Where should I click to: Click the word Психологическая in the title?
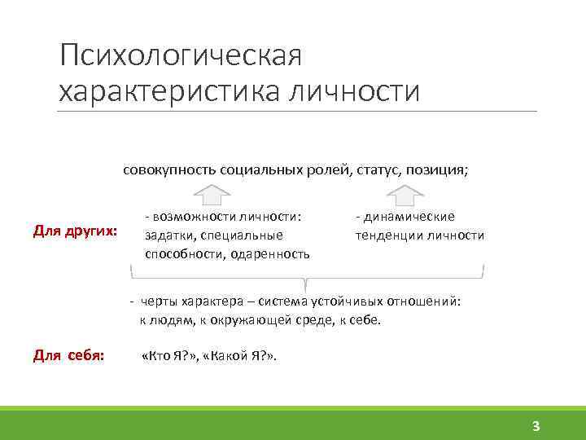[x=181, y=57]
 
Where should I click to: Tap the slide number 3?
[x=536, y=425]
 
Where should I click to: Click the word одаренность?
[x=270, y=253]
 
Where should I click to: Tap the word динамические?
[x=409, y=217]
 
